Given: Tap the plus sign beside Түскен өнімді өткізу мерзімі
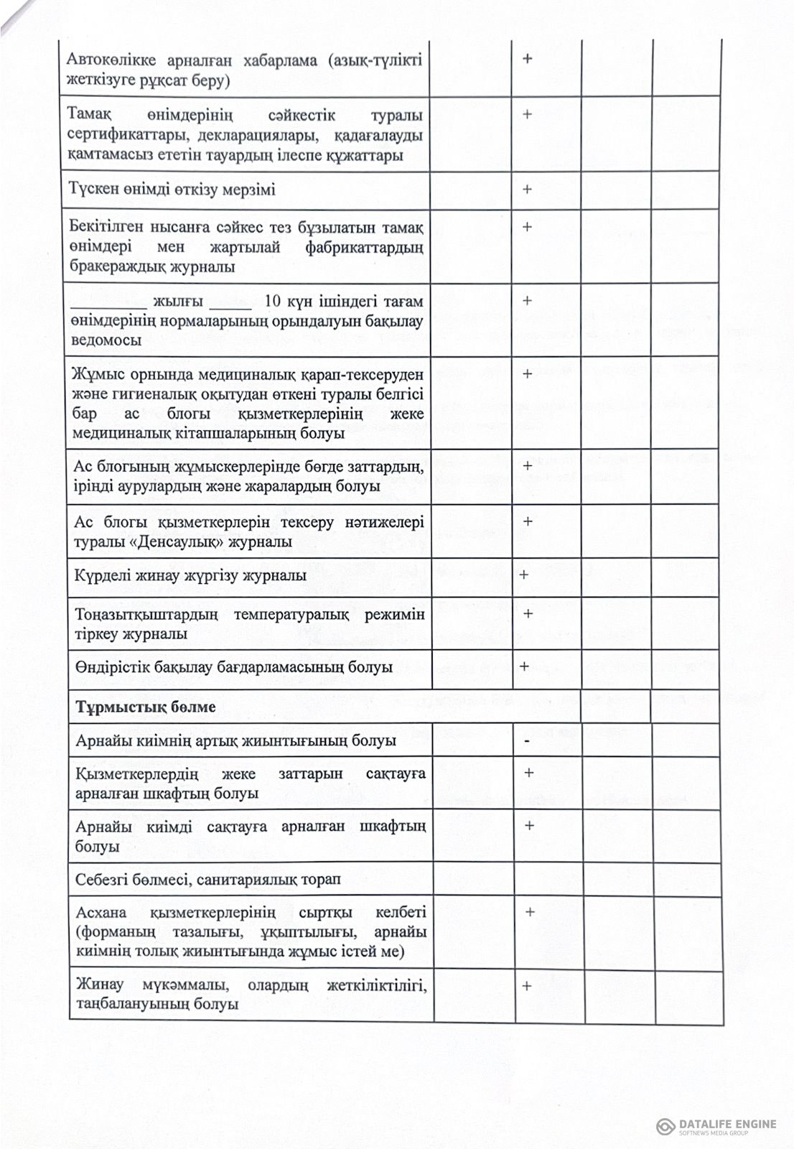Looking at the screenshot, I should click(x=527, y=189).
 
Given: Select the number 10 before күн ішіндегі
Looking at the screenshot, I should click(x=273, y=301).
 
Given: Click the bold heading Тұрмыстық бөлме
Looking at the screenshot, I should click(x=146, y=707).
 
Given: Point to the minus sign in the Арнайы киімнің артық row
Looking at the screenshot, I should click(x=527, y=740).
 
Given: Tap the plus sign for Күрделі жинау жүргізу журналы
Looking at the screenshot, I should click(x=524, y=574).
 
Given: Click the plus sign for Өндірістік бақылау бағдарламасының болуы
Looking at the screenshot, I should click(x=524, y=666).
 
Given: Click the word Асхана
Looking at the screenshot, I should click(x=101, y=913).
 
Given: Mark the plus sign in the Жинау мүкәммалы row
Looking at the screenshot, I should click(x=527, y=985).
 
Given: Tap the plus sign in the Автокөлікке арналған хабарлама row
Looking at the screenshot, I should click(x=527, y=58).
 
